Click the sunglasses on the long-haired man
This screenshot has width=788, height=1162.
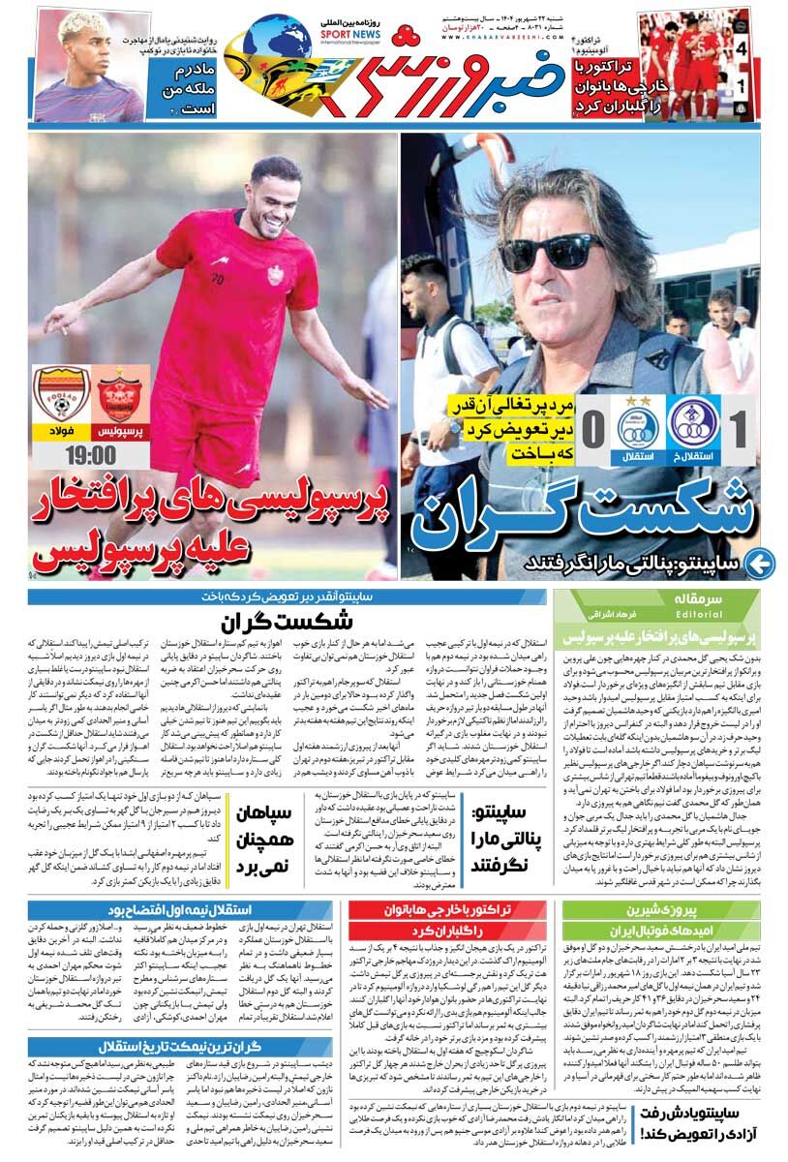552,250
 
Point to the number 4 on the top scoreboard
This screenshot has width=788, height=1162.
741,47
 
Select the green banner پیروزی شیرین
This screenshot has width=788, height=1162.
660,910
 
